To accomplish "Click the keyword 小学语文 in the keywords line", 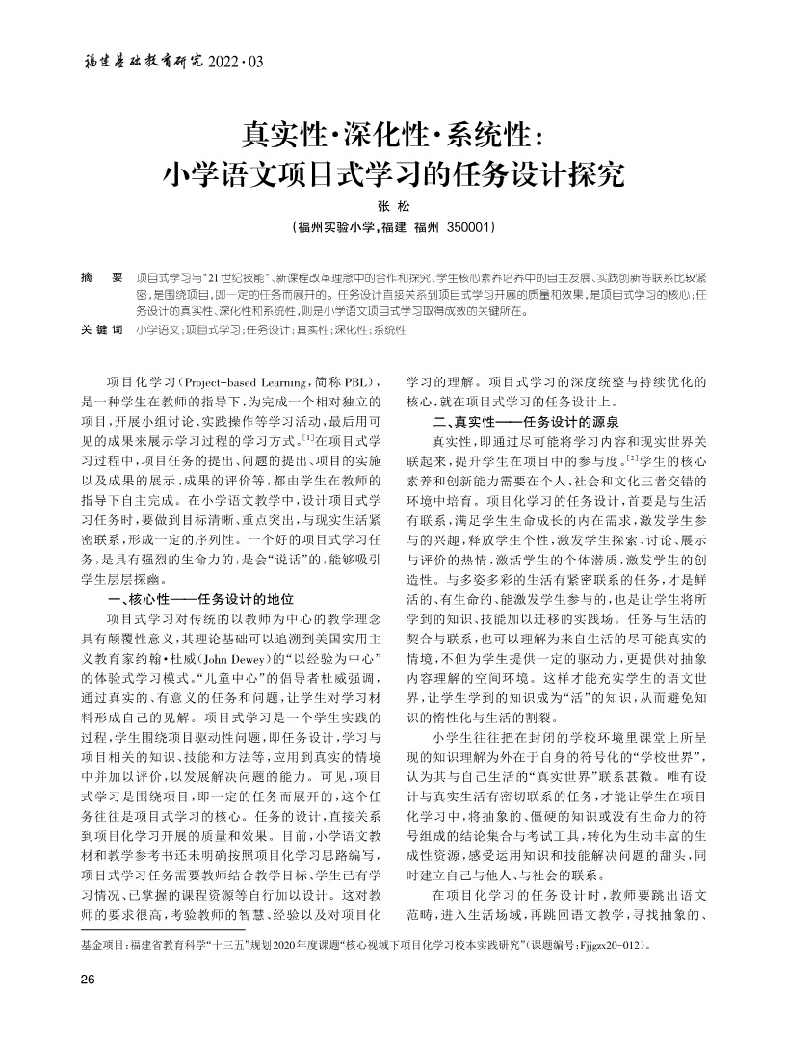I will (157, 330).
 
